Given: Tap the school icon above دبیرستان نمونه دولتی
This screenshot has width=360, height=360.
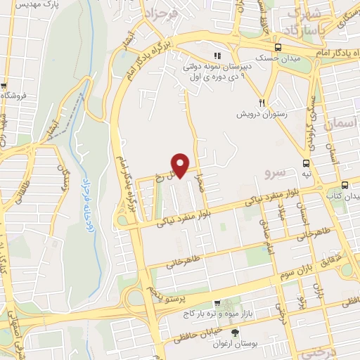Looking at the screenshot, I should coord(217,56).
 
